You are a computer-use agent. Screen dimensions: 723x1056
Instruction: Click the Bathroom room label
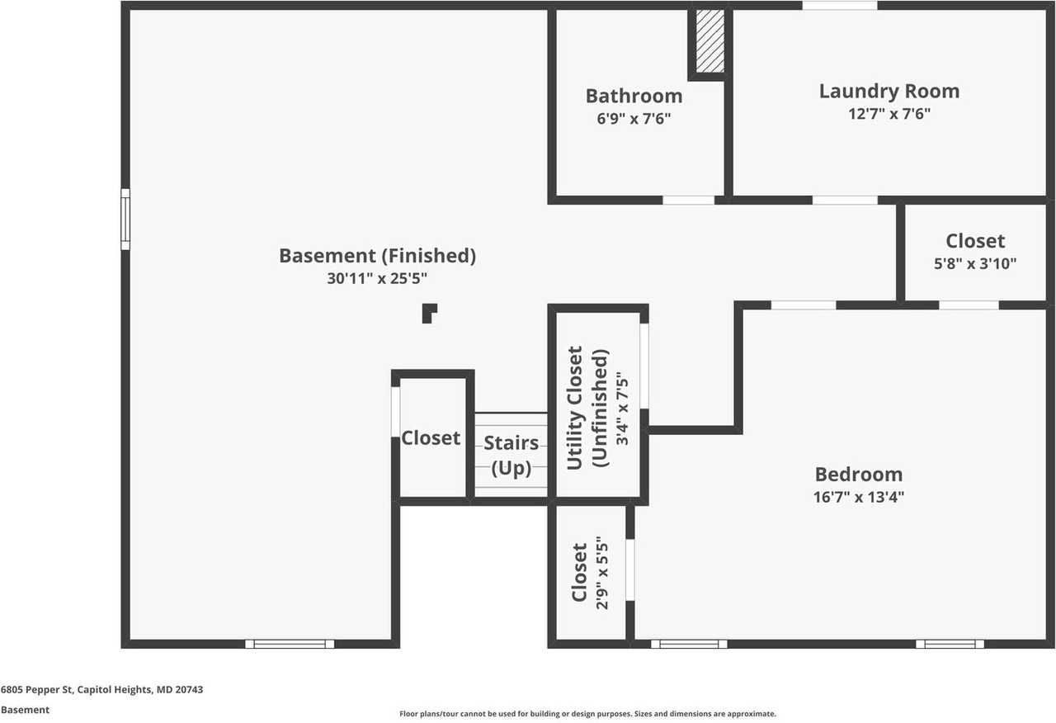(634, 96)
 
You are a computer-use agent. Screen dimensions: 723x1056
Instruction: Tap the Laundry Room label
(889, 91)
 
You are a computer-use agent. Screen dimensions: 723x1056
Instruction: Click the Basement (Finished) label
(377, 256)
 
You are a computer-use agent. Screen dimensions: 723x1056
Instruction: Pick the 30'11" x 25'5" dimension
(377, 279)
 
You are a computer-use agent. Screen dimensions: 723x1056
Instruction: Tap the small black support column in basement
(428, 314)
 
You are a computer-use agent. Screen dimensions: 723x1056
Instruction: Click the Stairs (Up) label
(511, 456)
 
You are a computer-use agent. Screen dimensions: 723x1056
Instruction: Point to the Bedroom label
(858, 475)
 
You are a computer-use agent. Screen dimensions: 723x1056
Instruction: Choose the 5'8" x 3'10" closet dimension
(975, 264)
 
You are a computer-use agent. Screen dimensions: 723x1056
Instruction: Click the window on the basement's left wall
(125, 219)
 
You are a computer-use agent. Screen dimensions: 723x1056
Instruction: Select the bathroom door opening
(689, 200)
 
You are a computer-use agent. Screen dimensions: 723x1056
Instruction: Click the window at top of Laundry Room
(840, 6)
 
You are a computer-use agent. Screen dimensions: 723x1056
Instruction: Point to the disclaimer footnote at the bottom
(587, 714)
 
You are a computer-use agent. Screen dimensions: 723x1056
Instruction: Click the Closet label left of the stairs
(431, 437)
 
